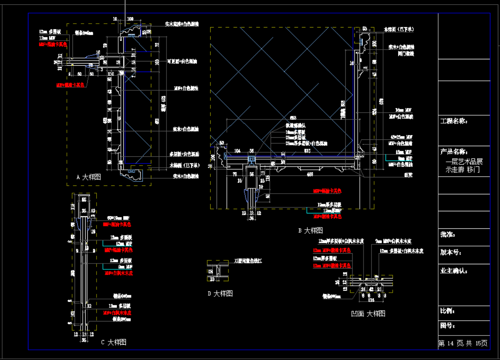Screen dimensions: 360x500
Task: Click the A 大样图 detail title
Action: click(89, 177)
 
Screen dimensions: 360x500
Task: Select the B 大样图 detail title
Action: click(311, 230)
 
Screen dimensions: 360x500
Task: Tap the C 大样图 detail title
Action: click(114, 342)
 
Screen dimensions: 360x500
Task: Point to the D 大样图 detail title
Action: click(220, 293)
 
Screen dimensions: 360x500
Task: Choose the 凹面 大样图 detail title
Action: click(368, 313)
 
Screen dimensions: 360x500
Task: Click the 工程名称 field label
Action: click(453, 121)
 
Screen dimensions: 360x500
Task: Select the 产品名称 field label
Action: click(453, 152)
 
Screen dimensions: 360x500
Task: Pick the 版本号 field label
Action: click(450, 252)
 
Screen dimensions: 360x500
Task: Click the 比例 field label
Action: click(447, 311)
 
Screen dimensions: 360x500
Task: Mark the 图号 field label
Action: click(447, 326)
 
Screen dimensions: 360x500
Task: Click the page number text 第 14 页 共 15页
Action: click(463, 343)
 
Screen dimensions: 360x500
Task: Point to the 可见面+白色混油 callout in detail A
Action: click(183, 62)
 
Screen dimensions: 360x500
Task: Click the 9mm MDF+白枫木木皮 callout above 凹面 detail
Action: click(394, 241)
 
